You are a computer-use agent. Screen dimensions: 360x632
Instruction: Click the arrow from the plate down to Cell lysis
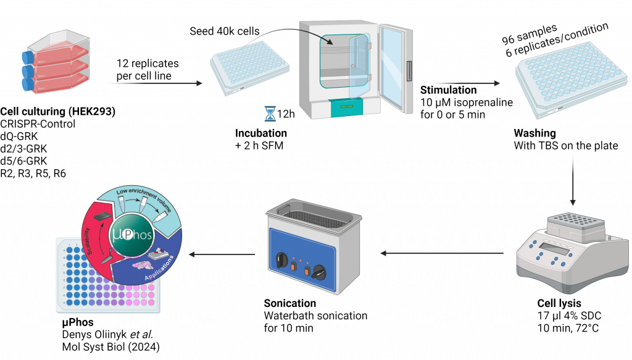tap(575, 178)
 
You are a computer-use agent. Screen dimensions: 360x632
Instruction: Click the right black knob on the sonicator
tap(320, 270)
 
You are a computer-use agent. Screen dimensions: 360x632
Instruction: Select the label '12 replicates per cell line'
tap(148, 69)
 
